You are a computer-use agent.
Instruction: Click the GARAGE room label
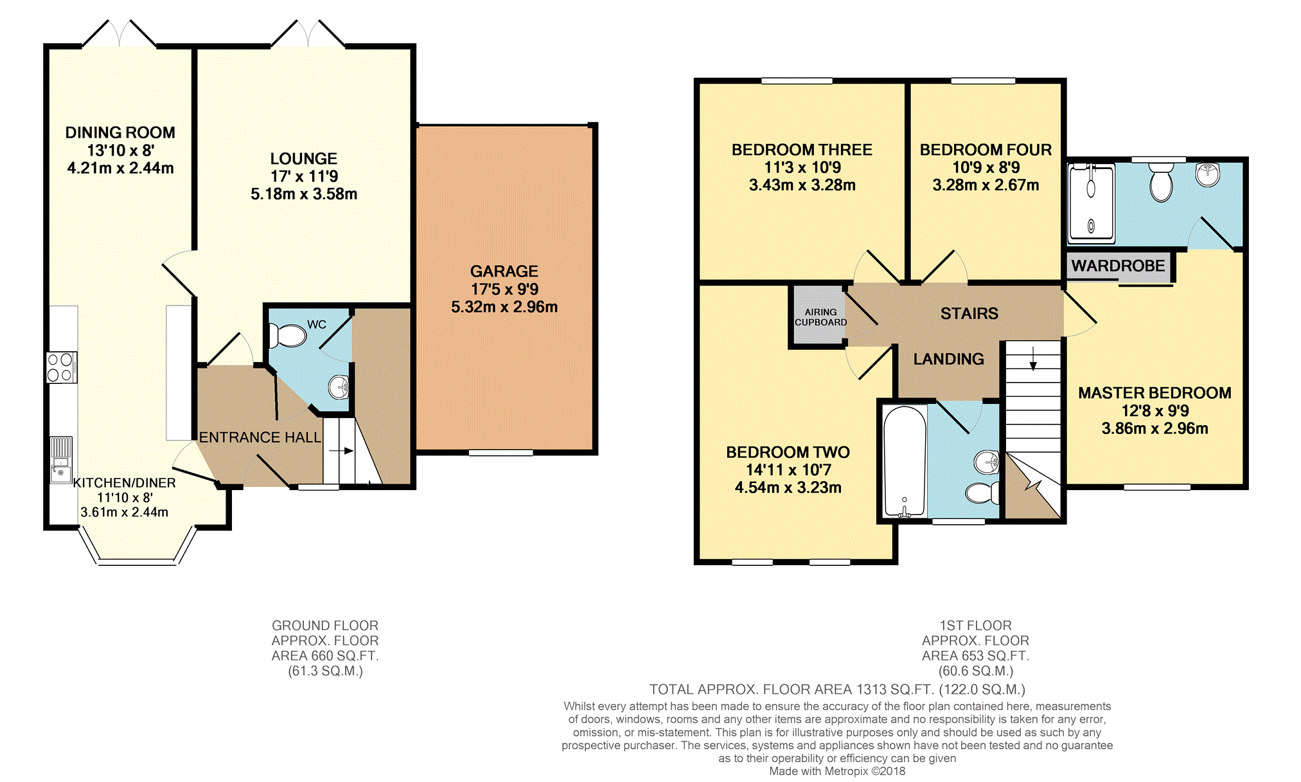[x=504, y=271]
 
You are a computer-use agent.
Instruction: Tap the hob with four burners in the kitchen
[x=62, y=368]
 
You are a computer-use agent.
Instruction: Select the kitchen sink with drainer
[x=61, y=460]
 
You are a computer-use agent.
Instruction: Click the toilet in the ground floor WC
[x=287, y=335]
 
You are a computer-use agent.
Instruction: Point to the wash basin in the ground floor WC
[x=339, y=387]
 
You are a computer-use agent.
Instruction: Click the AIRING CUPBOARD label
[x=820, y=317]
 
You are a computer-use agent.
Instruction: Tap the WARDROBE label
[x=1118, y=266]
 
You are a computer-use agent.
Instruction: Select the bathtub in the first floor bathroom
[x=905, y=461]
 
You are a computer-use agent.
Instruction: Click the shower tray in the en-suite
[x=1091, y=203]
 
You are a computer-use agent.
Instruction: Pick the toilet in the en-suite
[x=1161, y=181]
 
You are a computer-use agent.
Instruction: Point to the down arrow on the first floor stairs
[x=1033, y=358]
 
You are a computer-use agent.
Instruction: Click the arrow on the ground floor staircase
[x=341, y=451]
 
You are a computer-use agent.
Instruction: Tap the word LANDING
[x=948, y=359]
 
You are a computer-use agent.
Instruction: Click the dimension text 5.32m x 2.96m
[x=504, y=307]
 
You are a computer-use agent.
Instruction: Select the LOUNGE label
[x=303, y=159]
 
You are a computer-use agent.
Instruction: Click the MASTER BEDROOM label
[x=1155, y=393]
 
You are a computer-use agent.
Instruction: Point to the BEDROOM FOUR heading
[x=986, y=150]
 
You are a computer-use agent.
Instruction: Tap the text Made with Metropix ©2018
[x=837, y=771]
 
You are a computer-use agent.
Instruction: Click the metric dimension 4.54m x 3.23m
[x=788, y=487]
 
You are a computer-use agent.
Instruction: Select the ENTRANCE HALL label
[x=260, y=437]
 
